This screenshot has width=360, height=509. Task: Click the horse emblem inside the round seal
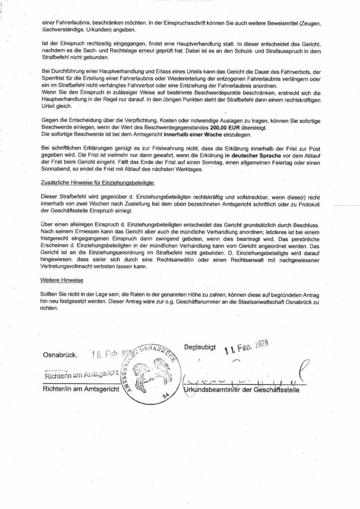(x=152, y=372)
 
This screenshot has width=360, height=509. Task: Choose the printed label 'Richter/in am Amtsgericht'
(x=82, y=390)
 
